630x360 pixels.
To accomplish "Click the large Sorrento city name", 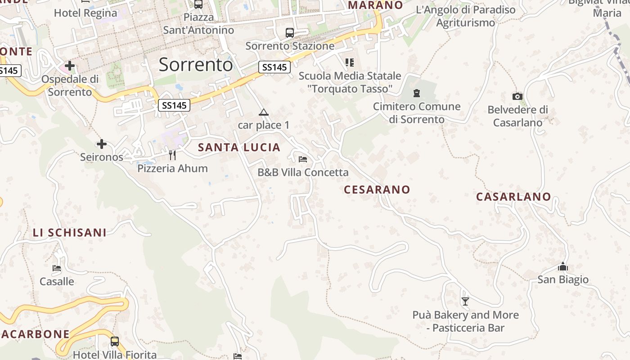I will [x=196, y=65].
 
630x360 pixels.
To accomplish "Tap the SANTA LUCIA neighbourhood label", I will [x=239, y=147].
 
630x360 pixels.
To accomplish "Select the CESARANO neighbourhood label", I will [x=377, y=189].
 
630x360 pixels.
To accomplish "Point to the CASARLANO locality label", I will [x=513, y=197].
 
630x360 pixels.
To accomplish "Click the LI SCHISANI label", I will [x=69, y=233].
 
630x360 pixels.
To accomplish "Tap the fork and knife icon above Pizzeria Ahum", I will [x=172, y=155].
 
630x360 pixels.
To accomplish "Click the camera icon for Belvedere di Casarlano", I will [x=517, y=96].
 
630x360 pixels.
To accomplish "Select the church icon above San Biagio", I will [x=563, y=267].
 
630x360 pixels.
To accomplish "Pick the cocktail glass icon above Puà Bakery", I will [x=465, y=301].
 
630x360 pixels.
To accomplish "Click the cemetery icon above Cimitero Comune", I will [x=417, y=93].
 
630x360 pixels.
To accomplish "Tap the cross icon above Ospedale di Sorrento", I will [x=69, y=66].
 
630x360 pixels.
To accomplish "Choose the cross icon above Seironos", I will [x=102, y=144].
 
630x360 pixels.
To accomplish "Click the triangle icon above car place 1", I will [x=264, y=112].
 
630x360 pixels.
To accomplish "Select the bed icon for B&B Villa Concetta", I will [x=303, y=159].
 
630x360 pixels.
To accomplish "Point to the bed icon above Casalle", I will [x=57, y=268].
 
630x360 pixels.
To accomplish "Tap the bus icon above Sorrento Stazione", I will [x=290, y=33].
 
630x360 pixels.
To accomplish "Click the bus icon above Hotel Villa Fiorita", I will [x=115, y=341].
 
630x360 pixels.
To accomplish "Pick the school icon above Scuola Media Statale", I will [x=350, y=62].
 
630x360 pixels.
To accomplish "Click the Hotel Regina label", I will [x=85, y=13].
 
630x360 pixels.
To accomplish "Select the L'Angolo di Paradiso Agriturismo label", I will [x=466, y=16].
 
